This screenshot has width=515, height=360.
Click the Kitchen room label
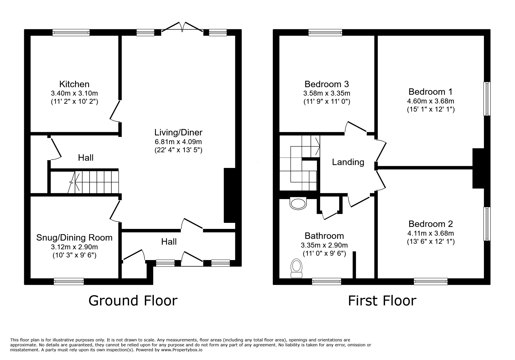click(74, 84)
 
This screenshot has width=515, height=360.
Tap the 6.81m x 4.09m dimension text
click(178, 142)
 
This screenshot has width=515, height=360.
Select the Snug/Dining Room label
click(74, 238)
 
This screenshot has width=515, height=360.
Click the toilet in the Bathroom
click(297, 268)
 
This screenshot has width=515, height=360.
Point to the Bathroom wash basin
click(298, 203)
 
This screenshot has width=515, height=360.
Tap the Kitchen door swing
click(115, 111)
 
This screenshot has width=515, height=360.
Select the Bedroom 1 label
click(430, 92)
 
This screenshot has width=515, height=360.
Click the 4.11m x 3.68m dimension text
click(430, 233)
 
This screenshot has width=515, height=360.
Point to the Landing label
click(348, 162)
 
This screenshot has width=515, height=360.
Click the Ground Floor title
click(133, 300)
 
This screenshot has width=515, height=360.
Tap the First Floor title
click(382, 300)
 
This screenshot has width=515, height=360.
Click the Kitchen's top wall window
click(71, 33)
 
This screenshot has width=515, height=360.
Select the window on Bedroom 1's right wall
click(487, 99)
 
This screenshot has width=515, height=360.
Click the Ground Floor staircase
click(93, 182)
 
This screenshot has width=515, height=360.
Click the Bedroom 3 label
click(327, 84)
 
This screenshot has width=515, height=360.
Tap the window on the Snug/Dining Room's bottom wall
click(69, 281)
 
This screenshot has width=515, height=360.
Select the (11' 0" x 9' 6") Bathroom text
click(324, 253)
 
